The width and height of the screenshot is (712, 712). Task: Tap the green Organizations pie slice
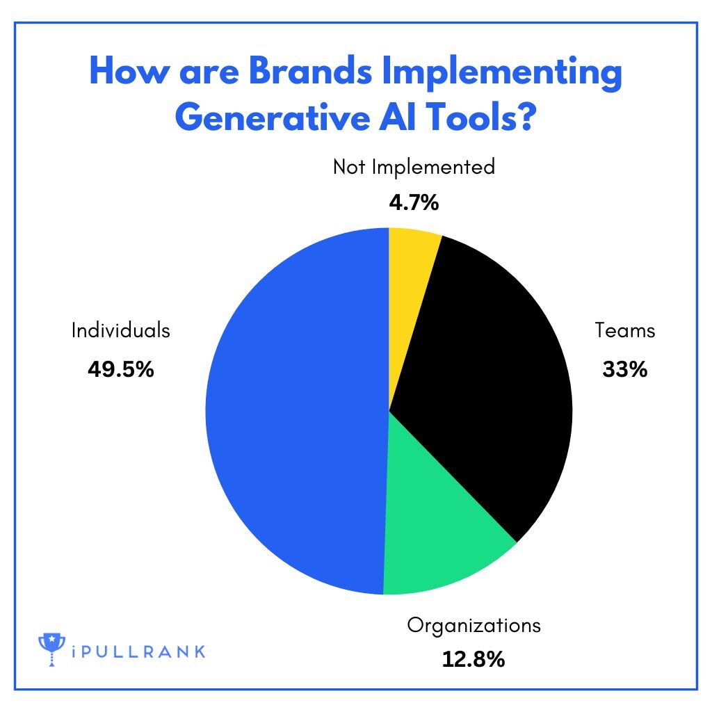(x=436, y=522)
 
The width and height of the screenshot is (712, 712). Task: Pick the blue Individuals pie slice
(x=295, y=411)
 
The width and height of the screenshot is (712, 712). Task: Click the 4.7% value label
(x=414, y=202)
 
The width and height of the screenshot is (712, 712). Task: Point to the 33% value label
(x=625, y=369)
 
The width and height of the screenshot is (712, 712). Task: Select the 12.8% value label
(x=473, y=659)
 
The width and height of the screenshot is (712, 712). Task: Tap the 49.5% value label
(x=121, y=369)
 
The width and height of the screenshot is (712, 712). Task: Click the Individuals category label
(x=121, y=330)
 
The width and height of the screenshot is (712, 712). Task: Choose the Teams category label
(x=625, y=330)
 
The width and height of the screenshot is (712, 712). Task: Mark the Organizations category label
(x=474, y=626)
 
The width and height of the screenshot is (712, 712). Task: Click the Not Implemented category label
(x=414, y=167)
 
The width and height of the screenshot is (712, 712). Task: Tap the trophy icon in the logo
(x=51, y=649)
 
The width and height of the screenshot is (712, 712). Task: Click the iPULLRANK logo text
(x=138, y=652)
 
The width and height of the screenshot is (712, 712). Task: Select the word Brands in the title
(x=311, y=72)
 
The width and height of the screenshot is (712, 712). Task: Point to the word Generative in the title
(x=273, y=117)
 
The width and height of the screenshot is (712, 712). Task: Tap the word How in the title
(x=129, y=72)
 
